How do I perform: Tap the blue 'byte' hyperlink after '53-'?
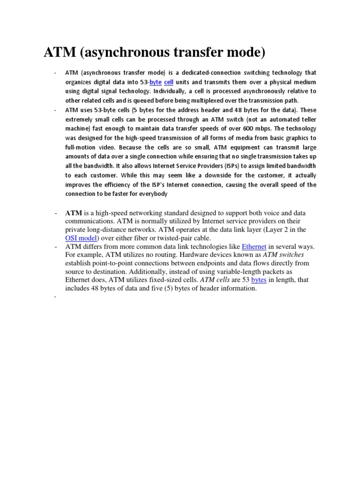point(155,82)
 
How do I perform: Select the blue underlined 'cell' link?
point(169,82)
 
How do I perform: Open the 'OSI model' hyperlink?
point(81,238)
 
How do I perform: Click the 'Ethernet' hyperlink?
point(254,247)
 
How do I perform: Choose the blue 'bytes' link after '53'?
point(259,280)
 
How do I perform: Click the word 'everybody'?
point(151,194)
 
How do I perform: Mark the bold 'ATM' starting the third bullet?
point(73,213)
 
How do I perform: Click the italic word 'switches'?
point(291,255)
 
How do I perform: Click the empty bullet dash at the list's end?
point(55,297)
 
